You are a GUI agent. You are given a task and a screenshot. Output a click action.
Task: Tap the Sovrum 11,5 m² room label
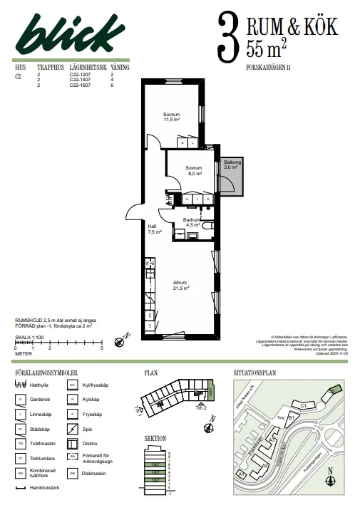click(170, 118)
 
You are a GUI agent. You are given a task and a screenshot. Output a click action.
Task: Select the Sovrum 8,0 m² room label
click(194, 170)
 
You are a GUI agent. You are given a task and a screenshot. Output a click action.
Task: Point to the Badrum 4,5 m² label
click(190, 222)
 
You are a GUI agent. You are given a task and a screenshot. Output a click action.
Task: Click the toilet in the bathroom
click(207, 227)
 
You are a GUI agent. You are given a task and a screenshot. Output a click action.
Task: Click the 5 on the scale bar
click(101, 348)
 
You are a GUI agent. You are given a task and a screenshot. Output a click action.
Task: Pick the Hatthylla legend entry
click(44, 384)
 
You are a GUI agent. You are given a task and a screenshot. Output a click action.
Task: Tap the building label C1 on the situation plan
click(303, 405)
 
